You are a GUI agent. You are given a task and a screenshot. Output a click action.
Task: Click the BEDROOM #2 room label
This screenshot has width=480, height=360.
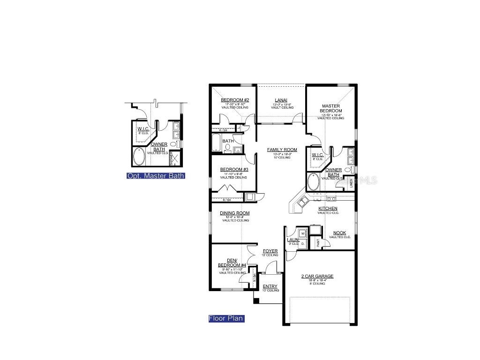point(235,100)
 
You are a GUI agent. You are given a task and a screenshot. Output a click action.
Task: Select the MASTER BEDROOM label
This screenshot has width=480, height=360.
point(330,108)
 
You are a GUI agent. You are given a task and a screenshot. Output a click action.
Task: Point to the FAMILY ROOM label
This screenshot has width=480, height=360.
point(282,150)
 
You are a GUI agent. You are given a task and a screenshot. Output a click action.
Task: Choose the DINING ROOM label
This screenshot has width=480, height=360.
point(235,213)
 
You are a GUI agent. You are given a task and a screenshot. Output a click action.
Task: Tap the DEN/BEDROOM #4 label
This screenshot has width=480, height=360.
point(232,263)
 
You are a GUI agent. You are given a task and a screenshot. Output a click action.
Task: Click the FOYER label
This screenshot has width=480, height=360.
point(270,251)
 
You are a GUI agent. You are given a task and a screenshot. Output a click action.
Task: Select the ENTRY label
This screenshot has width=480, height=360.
point(270,286)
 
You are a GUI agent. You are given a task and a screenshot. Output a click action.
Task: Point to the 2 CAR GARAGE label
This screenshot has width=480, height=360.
point(317,277)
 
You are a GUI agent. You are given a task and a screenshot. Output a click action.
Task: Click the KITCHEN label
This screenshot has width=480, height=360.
point(328,209)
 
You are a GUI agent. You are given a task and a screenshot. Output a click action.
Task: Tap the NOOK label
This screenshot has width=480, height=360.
point(339,233)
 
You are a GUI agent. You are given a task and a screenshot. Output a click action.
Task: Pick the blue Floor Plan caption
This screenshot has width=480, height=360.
point(226,319)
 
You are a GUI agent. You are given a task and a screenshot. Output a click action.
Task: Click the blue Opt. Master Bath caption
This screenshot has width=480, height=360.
point(156,176)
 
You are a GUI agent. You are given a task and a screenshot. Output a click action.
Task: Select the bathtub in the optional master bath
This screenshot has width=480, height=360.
point(139,157)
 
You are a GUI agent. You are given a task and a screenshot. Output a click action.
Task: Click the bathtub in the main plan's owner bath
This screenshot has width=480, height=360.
point(313,181)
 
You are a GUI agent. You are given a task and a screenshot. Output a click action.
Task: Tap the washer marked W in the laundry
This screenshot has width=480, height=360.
point(302,233)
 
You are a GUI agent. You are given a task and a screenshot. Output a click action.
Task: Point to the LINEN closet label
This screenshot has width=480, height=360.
point(351,183)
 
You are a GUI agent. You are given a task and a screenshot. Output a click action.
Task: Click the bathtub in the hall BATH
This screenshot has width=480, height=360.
point(216,142)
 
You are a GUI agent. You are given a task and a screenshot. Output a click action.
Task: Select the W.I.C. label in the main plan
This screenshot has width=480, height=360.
point(317,155)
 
